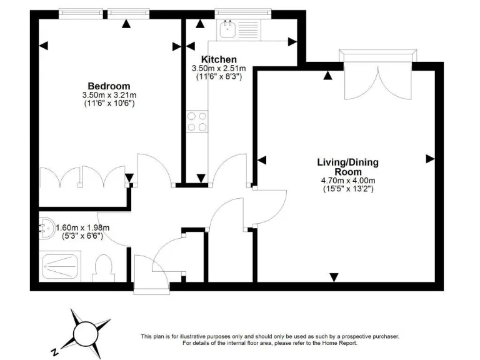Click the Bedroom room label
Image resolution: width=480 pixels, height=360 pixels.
109,86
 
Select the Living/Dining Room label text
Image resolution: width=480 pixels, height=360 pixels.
347,167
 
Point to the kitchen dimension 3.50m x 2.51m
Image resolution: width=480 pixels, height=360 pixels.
218,68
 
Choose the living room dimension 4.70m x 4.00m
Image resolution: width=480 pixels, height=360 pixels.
347,181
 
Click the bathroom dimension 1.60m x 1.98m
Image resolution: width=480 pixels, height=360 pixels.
83,227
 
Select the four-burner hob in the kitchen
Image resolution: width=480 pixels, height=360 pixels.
197,121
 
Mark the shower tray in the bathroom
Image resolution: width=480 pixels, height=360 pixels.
61,267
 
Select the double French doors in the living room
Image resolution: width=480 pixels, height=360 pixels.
377,78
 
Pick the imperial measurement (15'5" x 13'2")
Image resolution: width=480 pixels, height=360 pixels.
347,188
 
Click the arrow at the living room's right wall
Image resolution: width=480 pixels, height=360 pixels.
429,159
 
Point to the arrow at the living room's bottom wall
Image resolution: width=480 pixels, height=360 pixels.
334,277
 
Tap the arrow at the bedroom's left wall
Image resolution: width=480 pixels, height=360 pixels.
43,45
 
